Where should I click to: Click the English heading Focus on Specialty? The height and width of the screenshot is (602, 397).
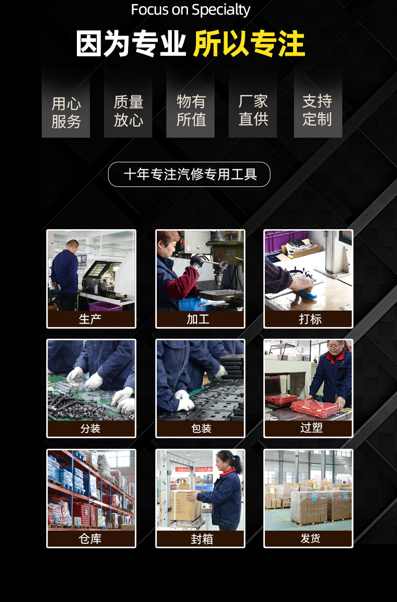pos(190,10)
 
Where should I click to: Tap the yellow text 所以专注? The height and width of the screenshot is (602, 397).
pos(249,44)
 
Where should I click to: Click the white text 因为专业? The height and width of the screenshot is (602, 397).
pos(131,44)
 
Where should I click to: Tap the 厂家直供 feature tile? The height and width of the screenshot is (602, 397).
pos(253,110)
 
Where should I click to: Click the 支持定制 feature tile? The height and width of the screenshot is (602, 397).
pos(317,110)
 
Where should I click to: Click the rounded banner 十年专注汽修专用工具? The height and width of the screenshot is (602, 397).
pos(189,174)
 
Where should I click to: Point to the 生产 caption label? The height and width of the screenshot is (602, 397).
pos(91,319)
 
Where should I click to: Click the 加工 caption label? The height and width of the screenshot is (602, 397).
pos(200,319)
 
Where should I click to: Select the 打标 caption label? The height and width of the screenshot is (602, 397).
pos(309,319)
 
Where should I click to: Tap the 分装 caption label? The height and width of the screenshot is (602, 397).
pos(91,429)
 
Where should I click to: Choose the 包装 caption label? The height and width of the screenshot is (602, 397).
pos(201,429)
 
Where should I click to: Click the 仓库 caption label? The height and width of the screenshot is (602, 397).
pos(91,539)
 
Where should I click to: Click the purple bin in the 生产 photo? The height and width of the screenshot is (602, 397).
pos(106,306)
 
